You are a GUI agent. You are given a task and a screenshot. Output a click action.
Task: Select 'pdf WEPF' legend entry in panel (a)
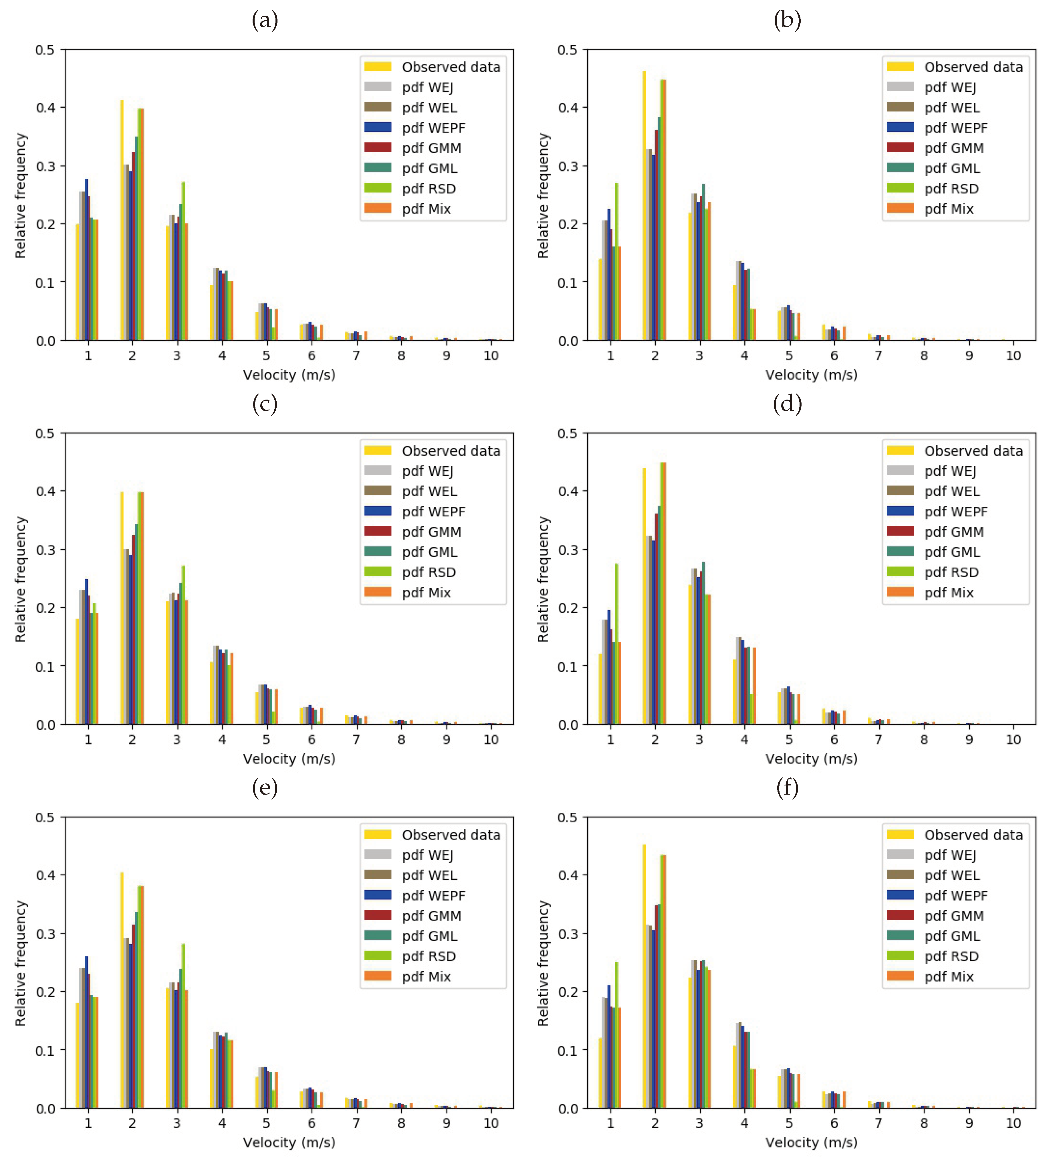[x=433, y=128]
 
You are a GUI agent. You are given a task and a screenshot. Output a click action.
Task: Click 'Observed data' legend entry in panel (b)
[x=973, y=67]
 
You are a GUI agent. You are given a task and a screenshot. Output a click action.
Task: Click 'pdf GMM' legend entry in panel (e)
[x=431, y=916]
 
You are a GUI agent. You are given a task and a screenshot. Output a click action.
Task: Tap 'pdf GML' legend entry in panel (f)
[x=952, y=936]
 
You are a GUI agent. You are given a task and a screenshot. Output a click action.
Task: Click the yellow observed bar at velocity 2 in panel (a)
[x=122, y=221]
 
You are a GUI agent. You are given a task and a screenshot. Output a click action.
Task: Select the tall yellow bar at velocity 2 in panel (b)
[x=644, y=207]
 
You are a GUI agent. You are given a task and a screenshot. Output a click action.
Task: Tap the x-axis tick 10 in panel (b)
[x=1013, y=356]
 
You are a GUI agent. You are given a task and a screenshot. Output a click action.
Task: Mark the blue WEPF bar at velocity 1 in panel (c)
[x=87, y=651]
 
